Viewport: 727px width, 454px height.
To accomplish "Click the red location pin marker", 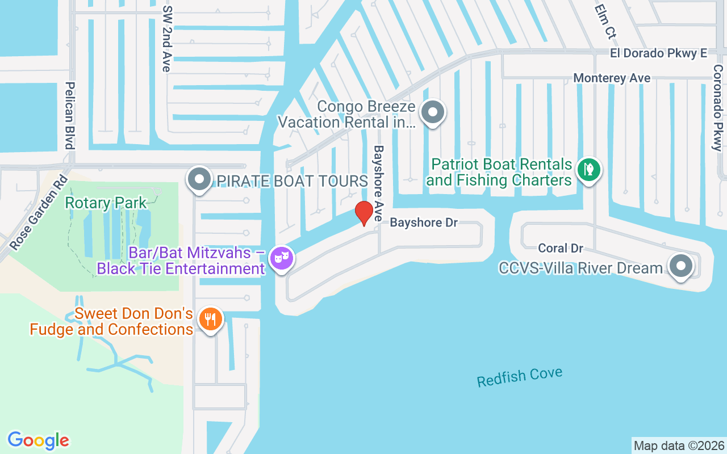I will click(x=363, y=213).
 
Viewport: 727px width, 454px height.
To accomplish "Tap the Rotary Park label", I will click(x=106, y=203).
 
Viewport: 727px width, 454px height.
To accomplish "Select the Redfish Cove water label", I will click(x=520, y=377).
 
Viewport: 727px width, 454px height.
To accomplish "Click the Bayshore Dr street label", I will click(x=424, y=222).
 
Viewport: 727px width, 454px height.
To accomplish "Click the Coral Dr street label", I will click(x=561, y=248).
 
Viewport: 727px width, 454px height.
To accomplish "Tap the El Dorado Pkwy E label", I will click(x=658, y=53).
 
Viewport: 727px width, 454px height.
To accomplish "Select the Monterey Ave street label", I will click(x=612, y=78).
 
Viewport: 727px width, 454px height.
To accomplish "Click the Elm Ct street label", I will click(x=605, y=22).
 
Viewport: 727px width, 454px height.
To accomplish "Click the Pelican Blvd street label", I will click(x=70, y=115).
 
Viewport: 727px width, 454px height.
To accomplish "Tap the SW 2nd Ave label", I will click(x=166, y=39).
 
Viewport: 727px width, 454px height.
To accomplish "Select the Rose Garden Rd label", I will click(x=39, y=213).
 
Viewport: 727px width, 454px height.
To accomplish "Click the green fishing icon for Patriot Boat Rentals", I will click(x=589, y=169).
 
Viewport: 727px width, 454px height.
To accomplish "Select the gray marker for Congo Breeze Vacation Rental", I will click(x=433, y=112).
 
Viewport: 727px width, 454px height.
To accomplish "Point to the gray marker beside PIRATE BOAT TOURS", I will click(x=199, y=180).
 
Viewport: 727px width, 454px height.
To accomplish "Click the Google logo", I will click(x=39, y=440).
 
